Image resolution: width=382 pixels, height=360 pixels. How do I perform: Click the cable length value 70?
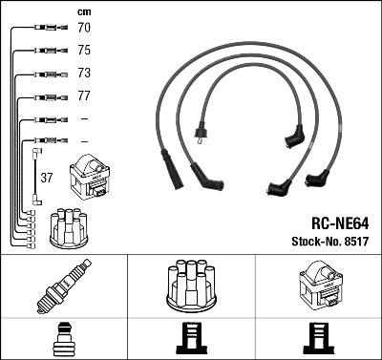point(84,29)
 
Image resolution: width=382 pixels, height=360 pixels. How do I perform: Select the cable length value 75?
point(84,51)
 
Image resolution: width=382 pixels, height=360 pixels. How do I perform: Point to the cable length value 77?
point(84,96)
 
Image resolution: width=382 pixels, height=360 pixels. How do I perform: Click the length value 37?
point(48,178)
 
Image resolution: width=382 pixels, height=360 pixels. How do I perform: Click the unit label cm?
point(83,11)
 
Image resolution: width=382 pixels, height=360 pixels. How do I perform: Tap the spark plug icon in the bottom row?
point(63,286)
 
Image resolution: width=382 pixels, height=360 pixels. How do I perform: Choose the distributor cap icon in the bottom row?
point(190,285)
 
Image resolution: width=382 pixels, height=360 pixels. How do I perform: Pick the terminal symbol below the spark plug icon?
point(63,338)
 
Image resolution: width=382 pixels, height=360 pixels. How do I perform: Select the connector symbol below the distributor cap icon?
point(190,338)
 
